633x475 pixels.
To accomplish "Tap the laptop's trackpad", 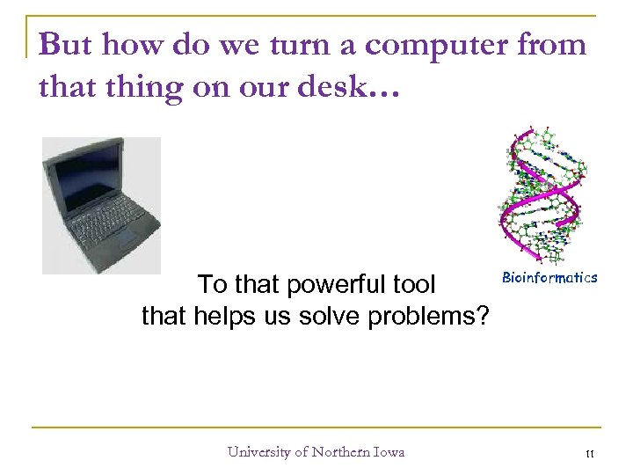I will tap(126, 239).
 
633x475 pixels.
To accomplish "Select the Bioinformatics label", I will tap(549, 277).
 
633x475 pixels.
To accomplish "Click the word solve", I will tap(337, 315).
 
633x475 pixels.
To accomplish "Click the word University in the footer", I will tap(258, 452).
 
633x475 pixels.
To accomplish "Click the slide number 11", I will tap(590, 454).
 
